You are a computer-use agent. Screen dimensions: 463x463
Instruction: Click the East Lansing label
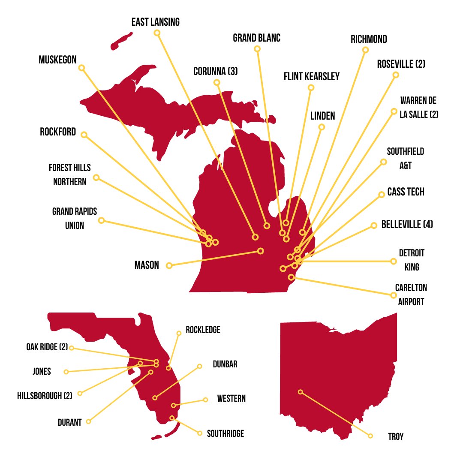155,22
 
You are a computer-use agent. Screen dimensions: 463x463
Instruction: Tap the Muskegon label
57,60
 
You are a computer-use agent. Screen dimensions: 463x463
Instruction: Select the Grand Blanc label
256,38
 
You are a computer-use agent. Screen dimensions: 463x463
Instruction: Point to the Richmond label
369,39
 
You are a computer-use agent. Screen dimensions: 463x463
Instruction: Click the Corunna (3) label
215,71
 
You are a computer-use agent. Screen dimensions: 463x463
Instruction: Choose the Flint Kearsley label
311,77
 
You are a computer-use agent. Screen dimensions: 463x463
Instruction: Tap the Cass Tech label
406,192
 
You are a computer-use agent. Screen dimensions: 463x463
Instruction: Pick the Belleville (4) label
407,225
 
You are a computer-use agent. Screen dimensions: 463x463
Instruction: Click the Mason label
147,265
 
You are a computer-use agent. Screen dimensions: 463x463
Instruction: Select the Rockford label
58,132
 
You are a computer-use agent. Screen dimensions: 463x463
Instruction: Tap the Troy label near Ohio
396,437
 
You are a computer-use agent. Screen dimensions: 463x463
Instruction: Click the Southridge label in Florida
225,434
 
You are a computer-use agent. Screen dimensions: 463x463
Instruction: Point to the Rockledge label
203,330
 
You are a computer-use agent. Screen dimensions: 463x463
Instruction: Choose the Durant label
69,422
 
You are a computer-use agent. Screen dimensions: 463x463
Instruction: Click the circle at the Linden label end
322,127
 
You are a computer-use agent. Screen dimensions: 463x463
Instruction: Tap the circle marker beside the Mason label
169,265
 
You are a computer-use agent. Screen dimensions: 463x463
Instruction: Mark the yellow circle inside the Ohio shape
301,392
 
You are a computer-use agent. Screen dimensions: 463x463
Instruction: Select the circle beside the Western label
205,400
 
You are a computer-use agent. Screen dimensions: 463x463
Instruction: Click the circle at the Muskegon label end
81,68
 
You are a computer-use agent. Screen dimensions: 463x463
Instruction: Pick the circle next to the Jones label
66,372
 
